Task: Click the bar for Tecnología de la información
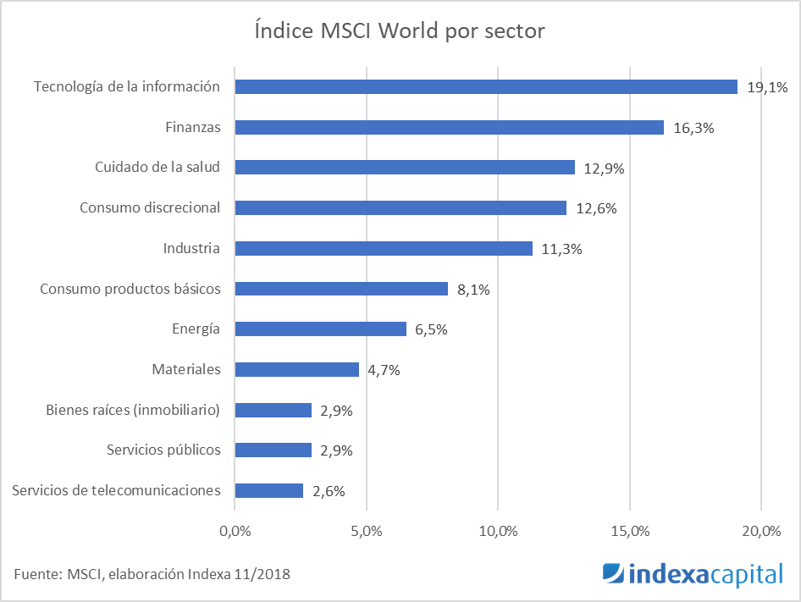pyautogui.click(x=486, y=86)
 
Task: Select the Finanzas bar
pyautogui.click(x=449, y=127)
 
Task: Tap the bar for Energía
pyautogui.click(x=320, y=329)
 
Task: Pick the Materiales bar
pyautogui.click(x=296, y=369)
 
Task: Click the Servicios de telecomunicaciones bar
pyautogui.click(x=268, y=490)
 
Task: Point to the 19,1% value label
pyautogui.click(x=767, y=87)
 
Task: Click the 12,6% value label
pyautogui.click(x=595, y=208)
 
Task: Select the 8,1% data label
pyautogui.click(x=473, y=290)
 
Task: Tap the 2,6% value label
pyautogui.click(x=329, y=491)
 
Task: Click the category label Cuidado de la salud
pyautogui.click(x=157, y=167)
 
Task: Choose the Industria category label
pyautogui.click(x=191, y=248)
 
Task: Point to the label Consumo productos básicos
pyautogui.click(x=130, y=289)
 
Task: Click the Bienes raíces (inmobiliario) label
pyautogui.click(x=133, y=410)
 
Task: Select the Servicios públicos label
pyautogui.click(x=163, y=450)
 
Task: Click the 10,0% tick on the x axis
pyautogui.click(x=498, y=532)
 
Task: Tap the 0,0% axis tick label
pyautogui.click(x=235, y=532)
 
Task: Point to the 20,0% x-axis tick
pyautogui.click(x=760, y=532)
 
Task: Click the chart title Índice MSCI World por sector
pyautogui.click(x=400, y=31)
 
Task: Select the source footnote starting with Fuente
pyautogui.click(x=152, y=574)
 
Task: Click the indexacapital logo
pyautogui.click(x=692, y=574)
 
